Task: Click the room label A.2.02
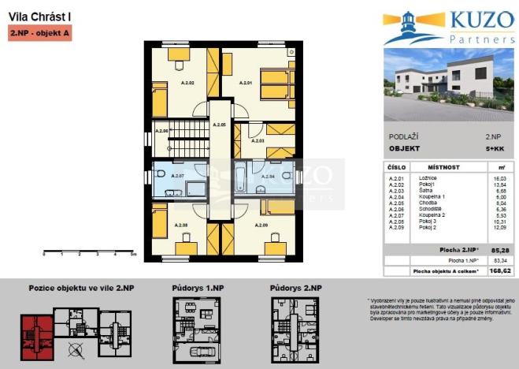pos(187,82)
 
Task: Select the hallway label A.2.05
pos(219,125)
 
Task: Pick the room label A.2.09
pos(261,225)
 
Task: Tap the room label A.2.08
pos(180,225)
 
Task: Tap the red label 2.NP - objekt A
pos(39,34)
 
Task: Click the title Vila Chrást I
pos(30,16)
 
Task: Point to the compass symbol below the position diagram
pos(76,350)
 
